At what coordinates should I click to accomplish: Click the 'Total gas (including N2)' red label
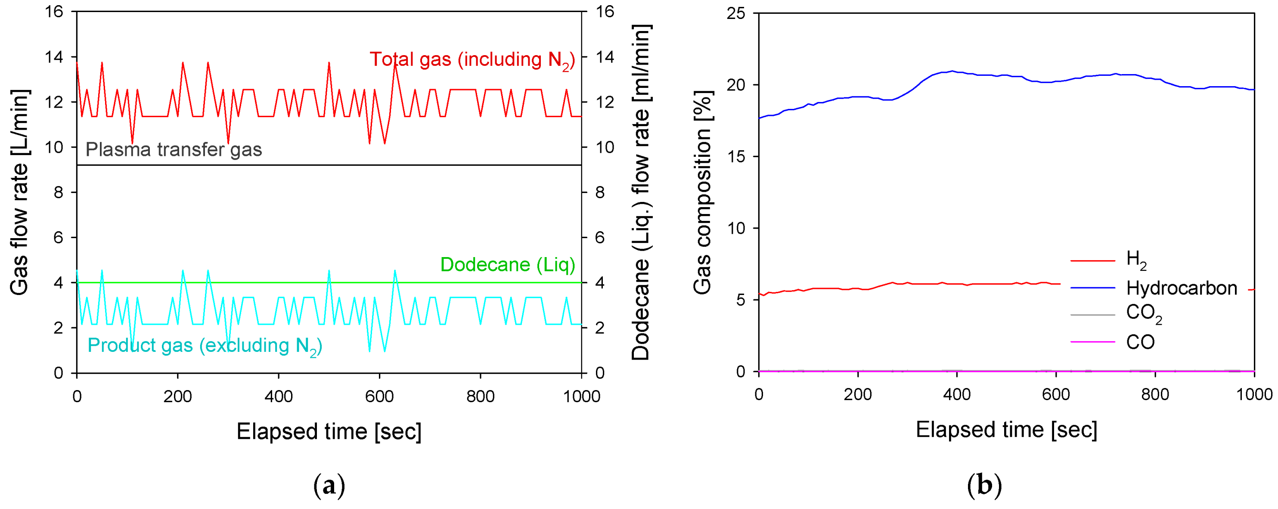472,60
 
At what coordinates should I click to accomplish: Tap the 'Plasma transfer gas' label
174,149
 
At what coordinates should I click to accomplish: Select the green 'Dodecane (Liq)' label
508,265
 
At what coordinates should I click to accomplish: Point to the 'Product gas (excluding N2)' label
205,346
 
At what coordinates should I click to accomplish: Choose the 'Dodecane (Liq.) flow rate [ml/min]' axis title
641,192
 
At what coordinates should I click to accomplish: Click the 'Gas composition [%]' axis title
702,192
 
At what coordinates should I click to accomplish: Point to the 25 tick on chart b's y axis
736,13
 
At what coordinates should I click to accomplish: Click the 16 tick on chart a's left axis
54,11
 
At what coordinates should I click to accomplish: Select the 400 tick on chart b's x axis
956,395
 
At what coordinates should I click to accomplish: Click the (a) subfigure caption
329,486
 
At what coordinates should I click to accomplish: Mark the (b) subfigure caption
984,486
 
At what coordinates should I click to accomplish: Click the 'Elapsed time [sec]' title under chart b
1006,430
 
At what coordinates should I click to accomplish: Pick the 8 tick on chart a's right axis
600,192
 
